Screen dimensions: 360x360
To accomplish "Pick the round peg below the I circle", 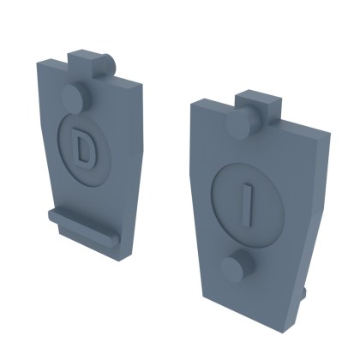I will click(x=233, y=268).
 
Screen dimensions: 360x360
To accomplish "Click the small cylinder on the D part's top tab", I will click(x=109, y=63).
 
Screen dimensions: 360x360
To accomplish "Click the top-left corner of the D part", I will click(x=39, y=63).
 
